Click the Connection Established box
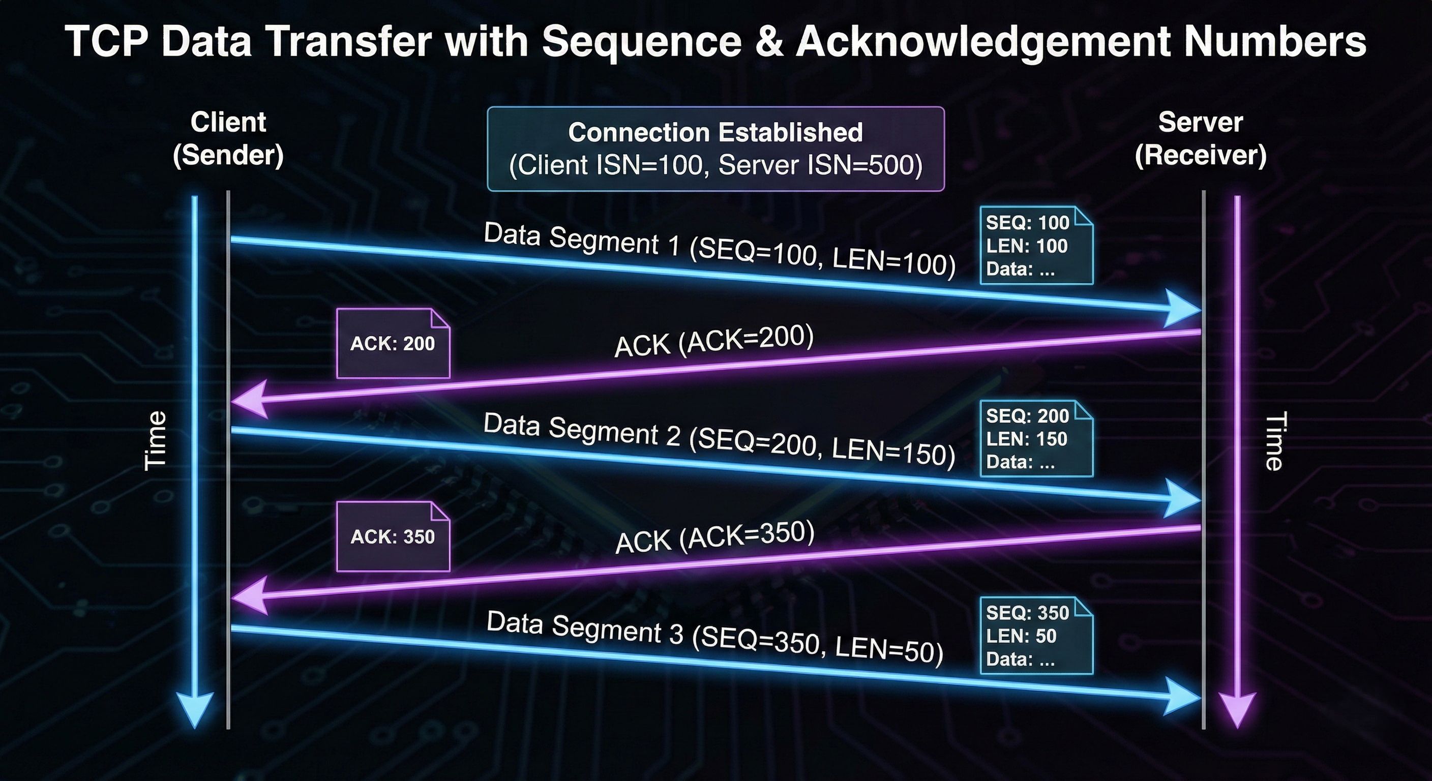click(x=715, y=149)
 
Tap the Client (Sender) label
click(x=228, y=138)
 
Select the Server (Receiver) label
click(x=1201, y=138)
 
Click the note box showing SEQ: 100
click(x=1036, y=245)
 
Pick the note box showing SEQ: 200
click(x=1036, y=438)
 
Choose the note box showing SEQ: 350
click(x=1036, y=636)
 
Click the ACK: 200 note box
click(x=393, y=344)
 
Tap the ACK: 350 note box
click(x=393, y=536)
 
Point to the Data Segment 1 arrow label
click(x=720, y=249)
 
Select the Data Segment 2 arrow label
click(x=720, y=439)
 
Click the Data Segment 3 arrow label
click(x=715, y=638)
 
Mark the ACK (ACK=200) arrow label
click(x=714, y=341)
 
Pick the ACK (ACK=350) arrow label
click(x=715, y=537)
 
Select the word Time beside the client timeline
click(x=155, y=441)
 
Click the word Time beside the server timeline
click(x=1274, y=441)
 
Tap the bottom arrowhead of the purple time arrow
click(x=1237, y=710)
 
